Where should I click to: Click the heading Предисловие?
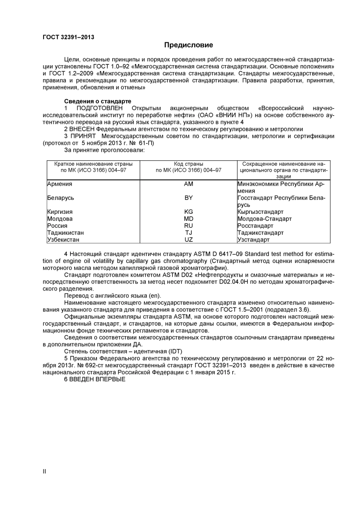point(188,45)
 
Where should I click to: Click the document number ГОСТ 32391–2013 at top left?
point(68,37)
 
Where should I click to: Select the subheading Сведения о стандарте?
point(97,101)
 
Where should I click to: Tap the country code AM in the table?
point(188,184)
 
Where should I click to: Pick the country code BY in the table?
point(188,198)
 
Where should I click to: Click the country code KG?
point(188,212)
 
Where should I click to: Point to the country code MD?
point(188,219)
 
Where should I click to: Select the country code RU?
point(188,226)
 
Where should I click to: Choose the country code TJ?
point(188,233)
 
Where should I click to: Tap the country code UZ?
point(188,240)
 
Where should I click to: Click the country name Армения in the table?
point(59,184)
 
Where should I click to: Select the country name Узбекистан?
point(63,240)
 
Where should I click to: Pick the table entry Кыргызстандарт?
point(260,212)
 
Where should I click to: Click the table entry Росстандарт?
point(255,226)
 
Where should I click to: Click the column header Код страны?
point(188,164)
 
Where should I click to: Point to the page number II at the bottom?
point(44,471)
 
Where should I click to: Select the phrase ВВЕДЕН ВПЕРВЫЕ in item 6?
point(97,379)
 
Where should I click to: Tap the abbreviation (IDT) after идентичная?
point(175,351)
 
